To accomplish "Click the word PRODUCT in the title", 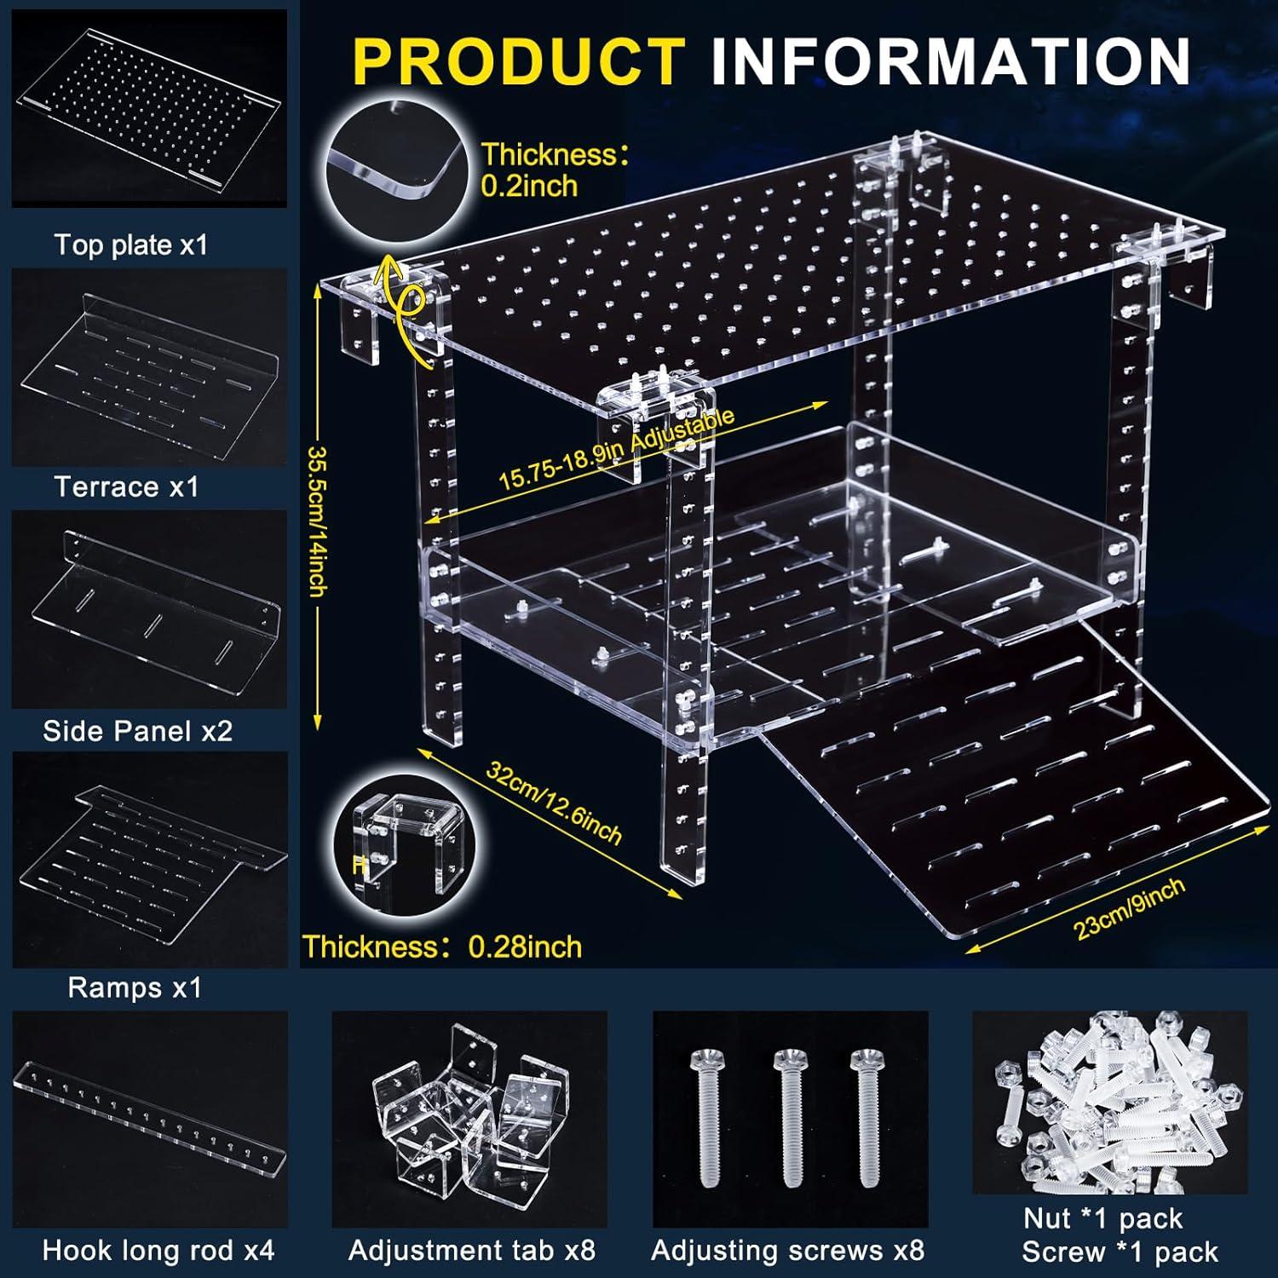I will (518, 61).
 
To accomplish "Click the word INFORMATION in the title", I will (950, 61).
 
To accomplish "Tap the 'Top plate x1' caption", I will (131, 245).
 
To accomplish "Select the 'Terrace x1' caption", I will (126, 486).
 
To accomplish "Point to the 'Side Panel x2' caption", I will (137, 731).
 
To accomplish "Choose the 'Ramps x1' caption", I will (135, 987).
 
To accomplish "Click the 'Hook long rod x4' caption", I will (158, 1250).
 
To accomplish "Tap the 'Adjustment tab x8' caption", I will (471, 1250).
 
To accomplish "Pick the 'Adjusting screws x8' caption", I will (787, 1250).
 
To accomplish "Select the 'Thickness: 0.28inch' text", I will (442, 947).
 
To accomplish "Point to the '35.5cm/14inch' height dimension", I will (316, 521).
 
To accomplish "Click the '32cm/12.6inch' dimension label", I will (554, 801).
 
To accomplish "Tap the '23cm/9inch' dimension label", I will (1130, 908).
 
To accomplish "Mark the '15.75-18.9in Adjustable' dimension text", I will (615, 449).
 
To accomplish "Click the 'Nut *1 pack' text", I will (1102, 1218).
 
